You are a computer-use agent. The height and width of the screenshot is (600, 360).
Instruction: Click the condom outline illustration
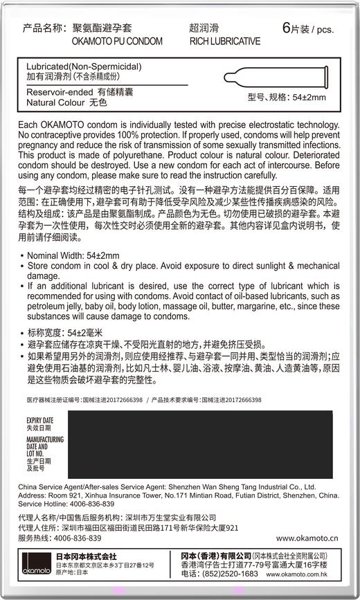tap(281, 75)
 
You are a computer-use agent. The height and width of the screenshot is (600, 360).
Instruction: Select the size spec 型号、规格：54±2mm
tap(286, 98)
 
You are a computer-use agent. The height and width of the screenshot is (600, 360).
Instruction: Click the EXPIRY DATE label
tap(39, 420)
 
